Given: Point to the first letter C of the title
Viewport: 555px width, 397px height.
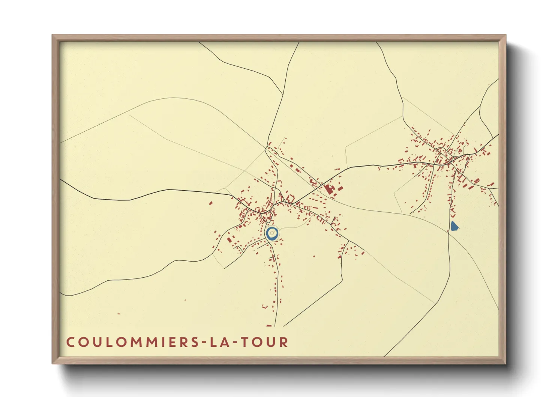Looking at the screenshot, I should (70, 342).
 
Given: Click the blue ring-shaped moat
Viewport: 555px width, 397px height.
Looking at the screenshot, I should (267, 233).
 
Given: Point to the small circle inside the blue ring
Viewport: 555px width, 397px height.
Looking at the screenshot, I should (272, 233).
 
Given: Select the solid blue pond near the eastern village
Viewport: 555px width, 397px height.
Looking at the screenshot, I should (454, 226).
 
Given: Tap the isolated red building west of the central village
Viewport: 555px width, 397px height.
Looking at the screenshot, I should (211, 203).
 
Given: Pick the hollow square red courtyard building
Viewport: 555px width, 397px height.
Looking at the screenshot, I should (290, 198).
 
